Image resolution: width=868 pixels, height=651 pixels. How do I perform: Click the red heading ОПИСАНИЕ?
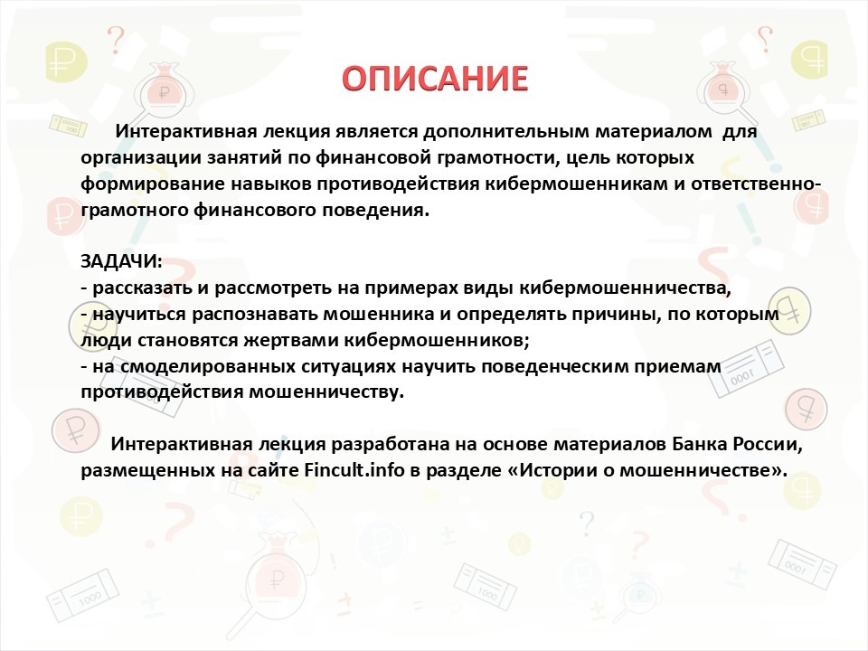point(435,78)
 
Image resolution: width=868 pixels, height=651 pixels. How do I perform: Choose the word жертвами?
point(291,340)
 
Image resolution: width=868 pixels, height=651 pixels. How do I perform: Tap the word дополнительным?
point(506,132)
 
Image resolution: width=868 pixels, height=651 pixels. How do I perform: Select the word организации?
point(141,158)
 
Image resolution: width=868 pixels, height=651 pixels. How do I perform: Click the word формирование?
point(153,184)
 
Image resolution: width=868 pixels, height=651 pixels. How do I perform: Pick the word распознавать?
point(255,315)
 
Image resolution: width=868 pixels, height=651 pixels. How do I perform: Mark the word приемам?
point(680,366)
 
